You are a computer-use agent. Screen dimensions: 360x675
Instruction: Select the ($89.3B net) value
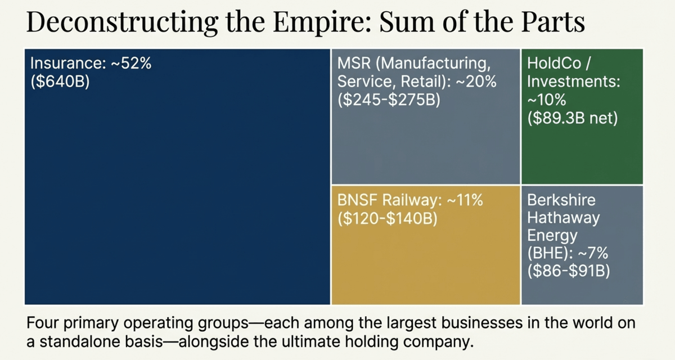pyautogui.click(x=573, y=119)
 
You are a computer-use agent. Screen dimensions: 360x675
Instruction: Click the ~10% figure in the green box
pyautogui.click(x=546, y=100)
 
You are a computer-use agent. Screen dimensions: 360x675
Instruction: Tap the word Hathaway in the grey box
pyautogui.click(x=556, y=218)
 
